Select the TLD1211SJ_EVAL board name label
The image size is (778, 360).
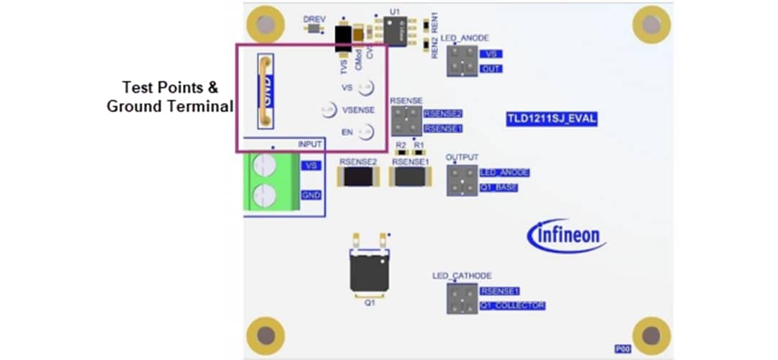point(552,119)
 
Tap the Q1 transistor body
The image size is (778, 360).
point(370,274)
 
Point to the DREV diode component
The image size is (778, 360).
point(313,29)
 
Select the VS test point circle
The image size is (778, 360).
point(366,87)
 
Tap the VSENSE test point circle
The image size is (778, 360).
point(328,109)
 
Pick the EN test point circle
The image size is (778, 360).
point(367,132)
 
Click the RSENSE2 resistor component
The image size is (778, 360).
point(359,177)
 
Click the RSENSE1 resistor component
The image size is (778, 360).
point(410,177)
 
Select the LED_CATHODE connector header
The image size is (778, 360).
point(462,298)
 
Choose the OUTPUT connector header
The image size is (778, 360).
point(462,180)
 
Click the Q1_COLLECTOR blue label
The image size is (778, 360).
point(512,306)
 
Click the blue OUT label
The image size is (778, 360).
point(493,69)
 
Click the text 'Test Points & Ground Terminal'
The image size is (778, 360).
point(170,96)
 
